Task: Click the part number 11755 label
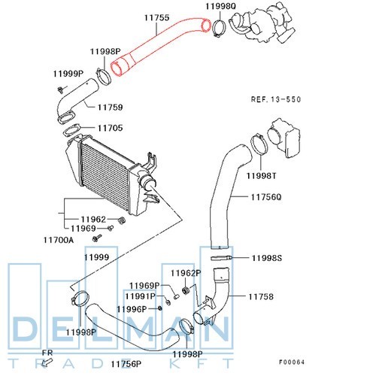pos(156,17)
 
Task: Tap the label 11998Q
pos(221,6)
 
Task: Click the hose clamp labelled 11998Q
pos(219,28)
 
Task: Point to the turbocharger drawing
pos(262,23)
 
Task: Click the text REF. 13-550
pos(276,99)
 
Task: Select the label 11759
pos(110,108)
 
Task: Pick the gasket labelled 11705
pos(71,130)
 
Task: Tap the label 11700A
pos(59,240)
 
